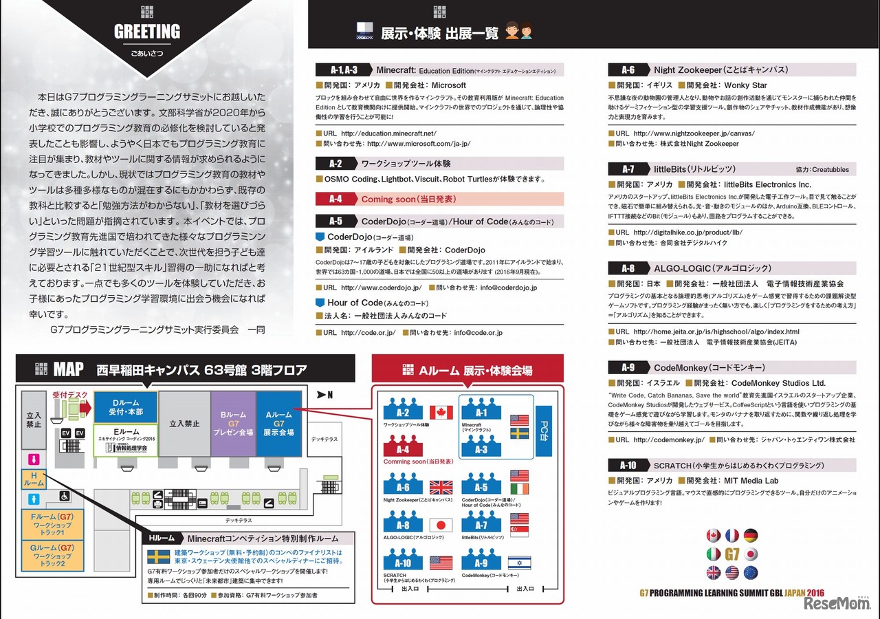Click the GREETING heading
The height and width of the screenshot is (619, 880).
[x=146, y=32]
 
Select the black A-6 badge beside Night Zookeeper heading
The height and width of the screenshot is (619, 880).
[x=627, y=69]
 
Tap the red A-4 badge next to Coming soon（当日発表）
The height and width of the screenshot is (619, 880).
[x=335, y=199]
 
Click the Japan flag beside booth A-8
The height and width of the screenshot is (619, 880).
[x=441, y=525]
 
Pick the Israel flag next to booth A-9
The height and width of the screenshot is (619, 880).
[x=520, y=563]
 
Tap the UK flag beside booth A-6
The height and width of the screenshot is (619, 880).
[x=441, y=488]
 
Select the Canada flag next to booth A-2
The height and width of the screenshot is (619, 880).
[x=441, y=412]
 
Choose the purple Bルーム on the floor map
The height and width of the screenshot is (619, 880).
[x=233, y=423]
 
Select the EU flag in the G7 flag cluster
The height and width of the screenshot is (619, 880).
[x=750, y=572]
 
